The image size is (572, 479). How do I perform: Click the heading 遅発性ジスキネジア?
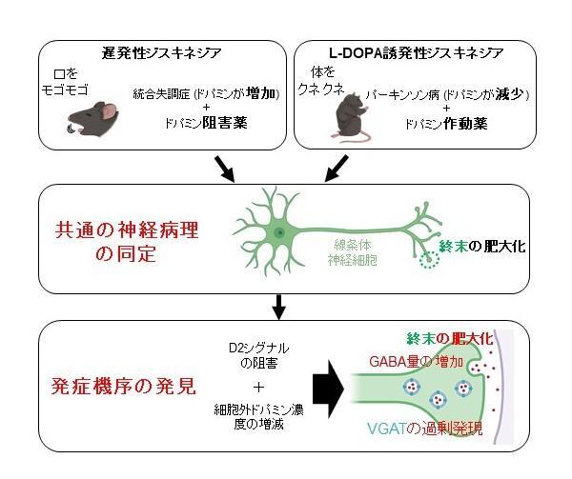162,53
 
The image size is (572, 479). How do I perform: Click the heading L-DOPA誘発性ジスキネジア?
417,53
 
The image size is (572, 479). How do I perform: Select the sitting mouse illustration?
352,116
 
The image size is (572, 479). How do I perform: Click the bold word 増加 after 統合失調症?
260,93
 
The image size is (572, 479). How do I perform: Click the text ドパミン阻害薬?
206,123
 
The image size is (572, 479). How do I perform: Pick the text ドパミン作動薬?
446,124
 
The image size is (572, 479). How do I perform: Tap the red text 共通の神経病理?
127,230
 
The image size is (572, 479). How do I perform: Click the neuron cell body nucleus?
279,231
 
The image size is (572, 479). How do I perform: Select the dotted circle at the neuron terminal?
429,260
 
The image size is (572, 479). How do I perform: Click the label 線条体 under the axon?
353,245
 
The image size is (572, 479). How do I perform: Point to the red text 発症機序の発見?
123,387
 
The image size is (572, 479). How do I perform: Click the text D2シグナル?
258,349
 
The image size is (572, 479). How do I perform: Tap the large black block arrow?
328,389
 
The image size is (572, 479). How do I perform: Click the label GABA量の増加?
416,362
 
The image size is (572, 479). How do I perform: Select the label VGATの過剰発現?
425,429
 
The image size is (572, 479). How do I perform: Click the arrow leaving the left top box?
224,169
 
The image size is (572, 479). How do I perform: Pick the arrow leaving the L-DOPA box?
336,169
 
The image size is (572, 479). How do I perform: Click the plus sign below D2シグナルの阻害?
258,387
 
